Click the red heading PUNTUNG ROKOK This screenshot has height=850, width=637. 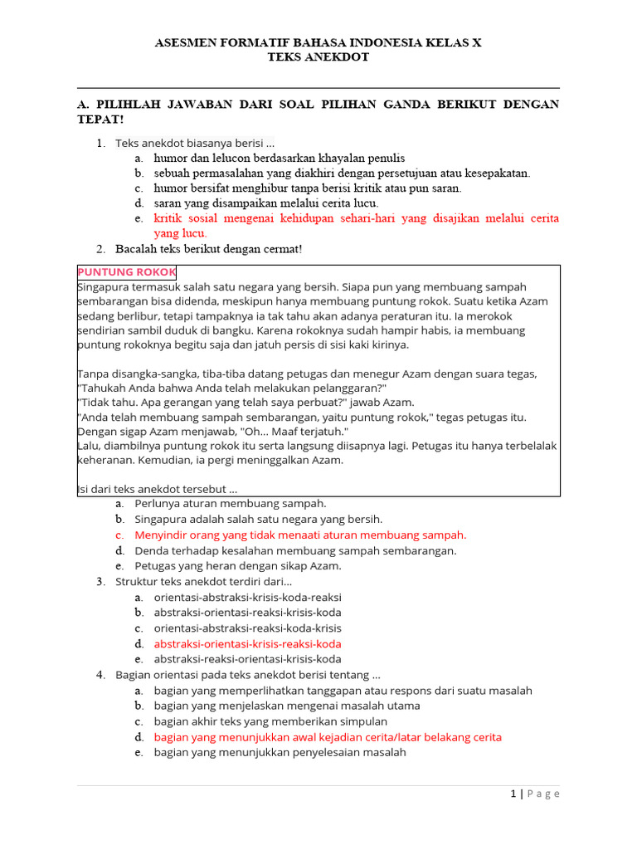(126, 272)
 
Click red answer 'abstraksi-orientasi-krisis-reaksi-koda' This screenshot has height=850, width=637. (247, 643)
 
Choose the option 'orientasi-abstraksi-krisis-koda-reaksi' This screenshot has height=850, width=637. (247, 597)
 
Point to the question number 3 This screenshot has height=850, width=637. (100, 581)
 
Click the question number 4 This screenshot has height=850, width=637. (100, 675)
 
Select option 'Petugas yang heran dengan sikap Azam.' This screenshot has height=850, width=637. (238, 565)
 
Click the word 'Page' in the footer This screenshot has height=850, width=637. (542, 794)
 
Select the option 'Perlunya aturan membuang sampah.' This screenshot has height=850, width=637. (231, 503)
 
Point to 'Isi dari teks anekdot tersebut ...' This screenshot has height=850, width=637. (157, 489)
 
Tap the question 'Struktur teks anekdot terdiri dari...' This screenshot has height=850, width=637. (203, 581)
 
